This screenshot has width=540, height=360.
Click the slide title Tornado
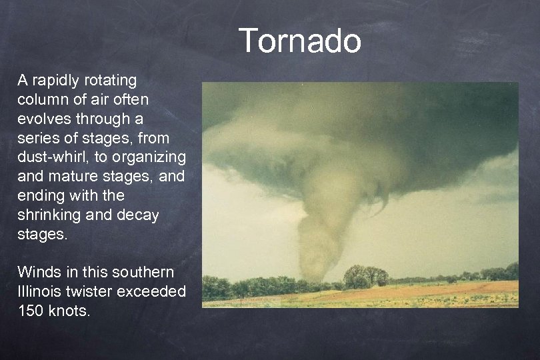pyautogui.click(x=299, y=41)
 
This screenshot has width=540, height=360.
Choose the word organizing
pyautogui.click(x=149, y=158)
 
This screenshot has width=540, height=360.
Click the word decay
pyautogui.click(x=139, y=216)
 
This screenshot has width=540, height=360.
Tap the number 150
pyautogui.click(x=31, y=311)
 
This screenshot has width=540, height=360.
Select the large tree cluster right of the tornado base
pyautogui.click(x=365, y=275)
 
